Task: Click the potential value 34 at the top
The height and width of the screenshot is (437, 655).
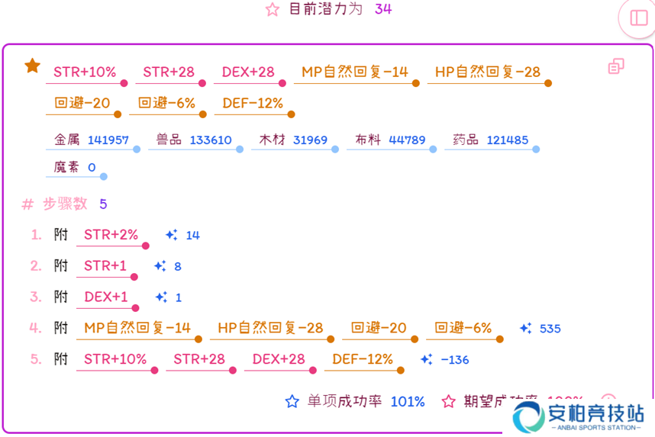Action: [383, 9]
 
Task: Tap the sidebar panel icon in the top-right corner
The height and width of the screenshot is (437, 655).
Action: [638, 18]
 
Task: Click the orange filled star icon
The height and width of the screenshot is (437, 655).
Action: [32, 66]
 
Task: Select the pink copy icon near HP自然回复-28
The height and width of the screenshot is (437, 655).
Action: [616, 67]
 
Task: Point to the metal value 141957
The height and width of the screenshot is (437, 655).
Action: [108, 140]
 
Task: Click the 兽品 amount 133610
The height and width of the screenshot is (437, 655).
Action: [211, 140]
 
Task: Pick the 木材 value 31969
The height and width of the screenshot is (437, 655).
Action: [310, 140]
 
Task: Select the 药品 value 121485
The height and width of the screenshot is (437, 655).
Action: [507, 140]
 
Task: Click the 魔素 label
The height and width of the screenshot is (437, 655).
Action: [66, 167]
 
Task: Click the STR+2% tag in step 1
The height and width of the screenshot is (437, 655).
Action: [111, 235]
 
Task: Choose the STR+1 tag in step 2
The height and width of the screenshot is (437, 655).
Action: [105, 266]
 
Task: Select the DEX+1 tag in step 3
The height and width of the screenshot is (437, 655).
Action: [106, 297]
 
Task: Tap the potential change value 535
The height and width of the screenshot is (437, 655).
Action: [550, 329]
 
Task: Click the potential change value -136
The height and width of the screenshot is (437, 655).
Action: [455, 360]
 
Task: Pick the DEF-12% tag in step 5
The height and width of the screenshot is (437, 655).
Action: [363, 359]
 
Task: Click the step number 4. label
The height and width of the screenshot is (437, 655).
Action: [35, 328]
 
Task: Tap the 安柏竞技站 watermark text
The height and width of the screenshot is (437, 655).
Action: [596, 413]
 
